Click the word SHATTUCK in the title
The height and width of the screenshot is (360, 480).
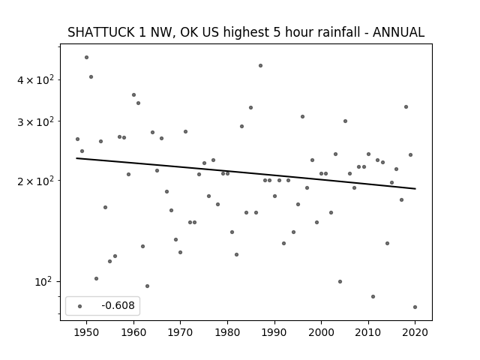click(100, 32)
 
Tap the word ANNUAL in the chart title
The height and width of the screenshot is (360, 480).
click(398, 32)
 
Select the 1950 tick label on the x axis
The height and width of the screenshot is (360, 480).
click(87, 332)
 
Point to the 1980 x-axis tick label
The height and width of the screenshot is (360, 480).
click(227, 332)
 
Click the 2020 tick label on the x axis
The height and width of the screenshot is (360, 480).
click(415, 332)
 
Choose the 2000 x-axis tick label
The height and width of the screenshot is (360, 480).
click(322, 332)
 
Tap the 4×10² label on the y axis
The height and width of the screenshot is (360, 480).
click(35, 79)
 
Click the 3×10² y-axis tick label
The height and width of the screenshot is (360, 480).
click(35, 121)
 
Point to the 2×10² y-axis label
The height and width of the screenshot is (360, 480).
click(35, 181)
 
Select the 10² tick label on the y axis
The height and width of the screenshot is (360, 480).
click(43, 282)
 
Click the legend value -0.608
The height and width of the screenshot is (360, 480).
click(118, 305)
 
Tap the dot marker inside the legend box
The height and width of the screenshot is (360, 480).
click(80, 306)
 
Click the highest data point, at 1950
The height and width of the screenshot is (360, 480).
click(87, 57)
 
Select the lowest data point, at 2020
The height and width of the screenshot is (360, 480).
click(415, 307)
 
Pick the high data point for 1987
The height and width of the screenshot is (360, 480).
click(260, 65)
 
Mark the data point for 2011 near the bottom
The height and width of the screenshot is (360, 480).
click(373, 297)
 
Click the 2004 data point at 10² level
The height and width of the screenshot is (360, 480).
click(340, 282)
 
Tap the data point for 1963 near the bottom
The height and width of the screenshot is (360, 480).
click(147, 286)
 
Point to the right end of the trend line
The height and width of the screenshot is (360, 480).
click(415, 188)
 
